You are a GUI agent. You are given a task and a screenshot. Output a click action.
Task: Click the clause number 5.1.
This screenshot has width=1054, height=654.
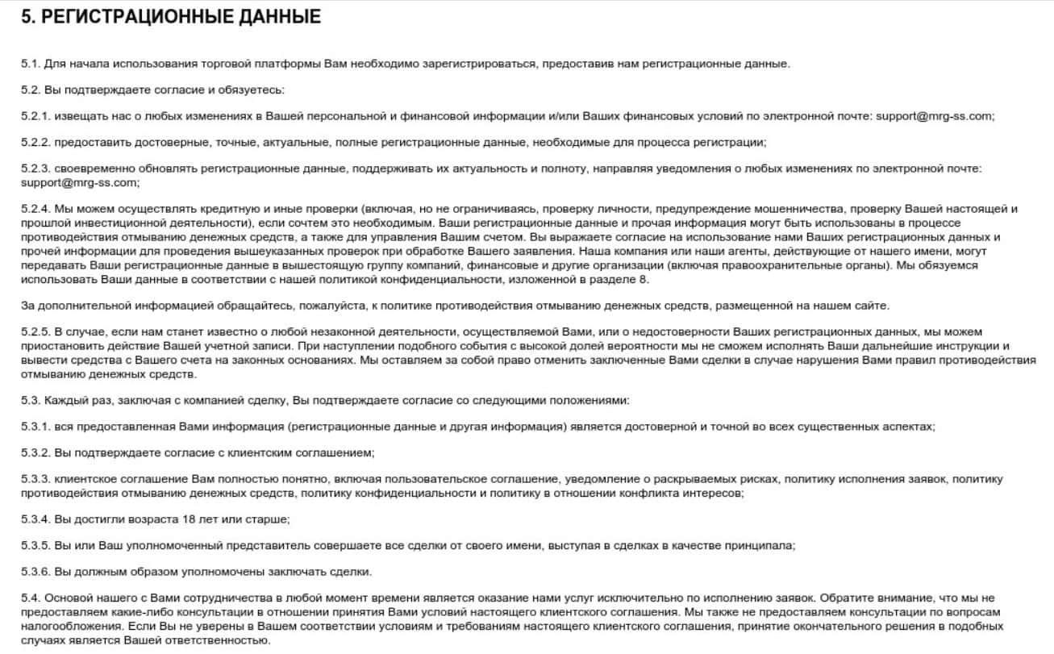tap(31, 64)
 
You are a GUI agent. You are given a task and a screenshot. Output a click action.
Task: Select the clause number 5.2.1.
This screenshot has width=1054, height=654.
tap(35, 116)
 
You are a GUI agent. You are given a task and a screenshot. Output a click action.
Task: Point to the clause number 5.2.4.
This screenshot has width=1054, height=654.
tap(35, 209)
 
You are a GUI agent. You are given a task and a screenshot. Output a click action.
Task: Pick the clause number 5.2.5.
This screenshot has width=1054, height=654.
tap(35, 332)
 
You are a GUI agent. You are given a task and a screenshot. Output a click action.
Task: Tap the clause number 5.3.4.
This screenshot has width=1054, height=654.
tap(35, 519)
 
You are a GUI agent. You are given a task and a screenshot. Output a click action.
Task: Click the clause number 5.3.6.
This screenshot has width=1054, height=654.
tap(35, 572)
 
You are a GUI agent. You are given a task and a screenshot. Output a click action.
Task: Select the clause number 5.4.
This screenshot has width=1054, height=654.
tap(31, 598)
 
